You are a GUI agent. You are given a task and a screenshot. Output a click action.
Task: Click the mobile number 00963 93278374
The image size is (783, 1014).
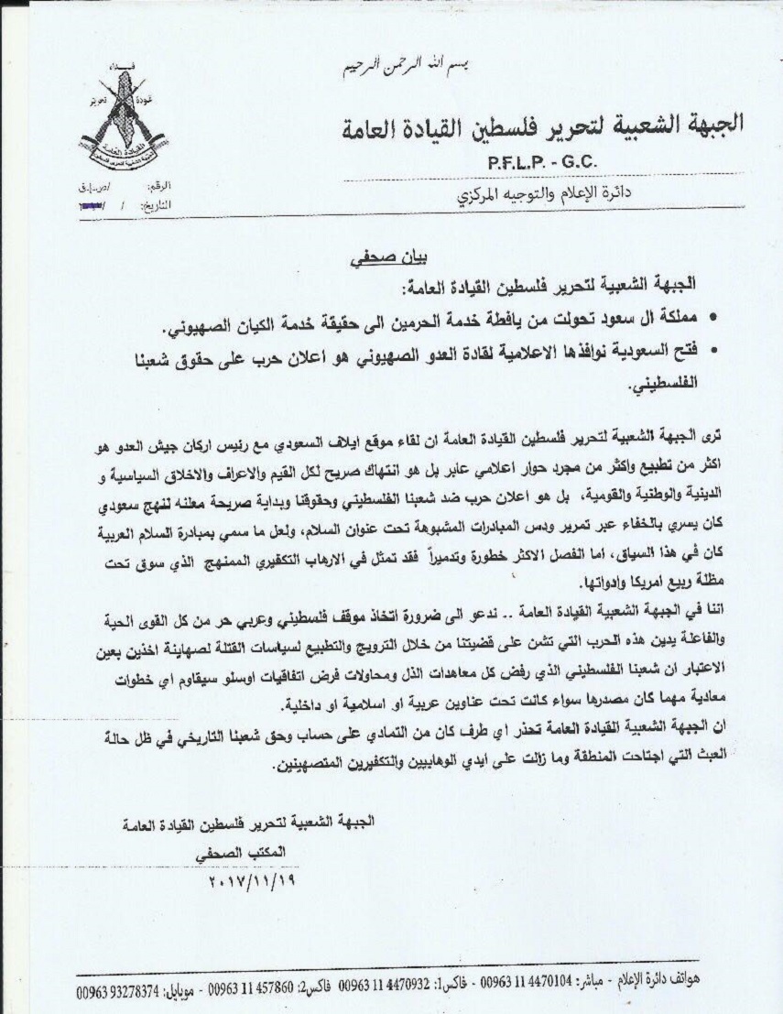(x=117, y=990)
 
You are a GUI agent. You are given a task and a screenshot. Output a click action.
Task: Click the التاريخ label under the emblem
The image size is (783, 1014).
(x=157, y=206)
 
